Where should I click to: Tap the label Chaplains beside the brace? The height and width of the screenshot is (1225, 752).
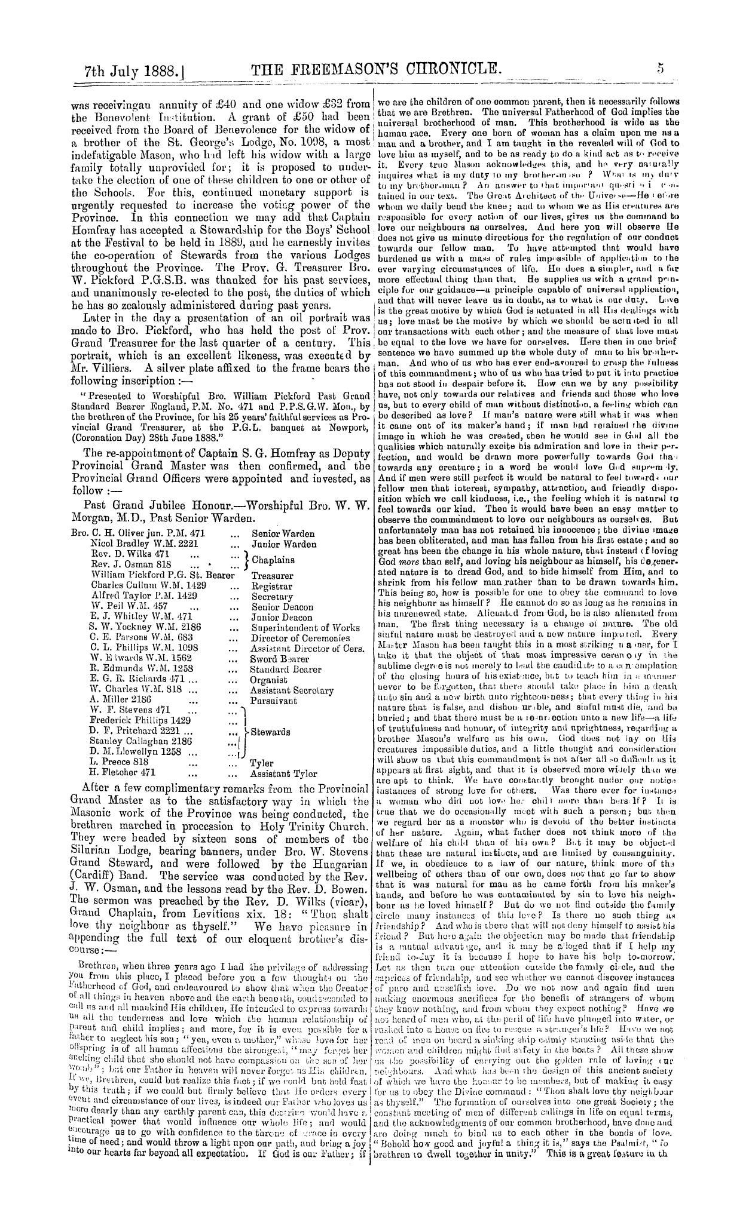[273, 560]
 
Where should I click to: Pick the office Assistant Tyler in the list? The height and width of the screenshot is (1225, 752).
[283, 773]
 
